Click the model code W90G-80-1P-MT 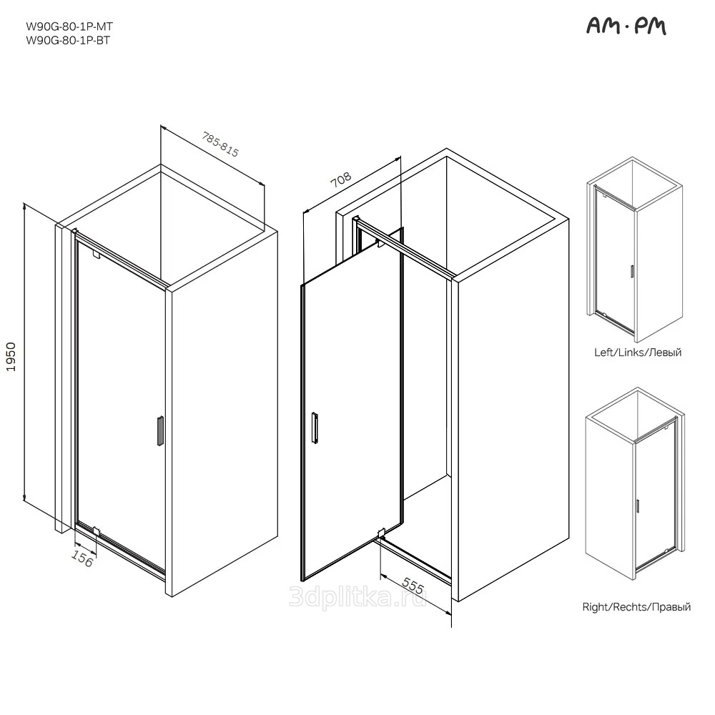(x=69, y=26)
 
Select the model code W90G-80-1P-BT (x=68, y=40)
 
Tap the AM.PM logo (x=626, y=26)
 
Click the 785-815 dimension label (x=221, y=144)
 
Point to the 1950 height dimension (x=11, y=357)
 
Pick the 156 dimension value (x=82, y=559)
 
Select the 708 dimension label (x=341, y=179)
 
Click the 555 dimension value (x=413, y=586)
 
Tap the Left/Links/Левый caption (x=638, y=352)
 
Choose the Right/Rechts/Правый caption (x=636, y=607)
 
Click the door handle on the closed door (x=160, y=430)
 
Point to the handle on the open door (x=315, y=428)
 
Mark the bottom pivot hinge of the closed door (x=96, y=531)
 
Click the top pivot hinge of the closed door (x=95, y=254)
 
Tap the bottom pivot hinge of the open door (x=382, y=533)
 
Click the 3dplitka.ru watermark (x=358, y=596)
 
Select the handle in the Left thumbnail (x=632, y=271)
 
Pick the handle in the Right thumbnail (x=637, y=506)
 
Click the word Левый (x=665, y=352)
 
